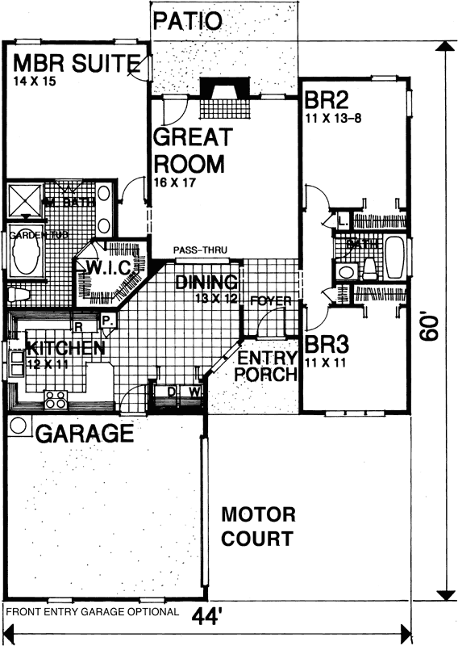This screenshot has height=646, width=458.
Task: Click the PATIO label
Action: pos(186,20)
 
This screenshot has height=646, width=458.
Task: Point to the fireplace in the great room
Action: pos(215,97)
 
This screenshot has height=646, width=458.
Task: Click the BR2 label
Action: pos(325,101)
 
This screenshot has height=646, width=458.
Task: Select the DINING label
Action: pos(206,283)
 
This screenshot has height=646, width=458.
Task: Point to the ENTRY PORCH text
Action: pos(263,366)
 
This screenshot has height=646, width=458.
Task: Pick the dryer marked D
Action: pos(170,392)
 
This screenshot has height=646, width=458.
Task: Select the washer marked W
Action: pos(194,392)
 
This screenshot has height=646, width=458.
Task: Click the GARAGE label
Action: pos(84,434)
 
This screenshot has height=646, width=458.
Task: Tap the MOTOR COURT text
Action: pos(258,526)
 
